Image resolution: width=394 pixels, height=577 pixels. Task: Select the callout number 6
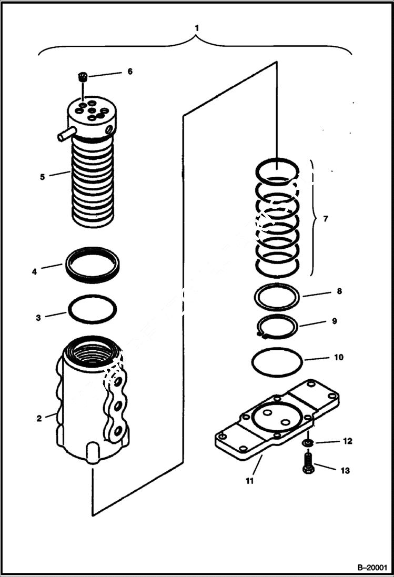tap(129, 71)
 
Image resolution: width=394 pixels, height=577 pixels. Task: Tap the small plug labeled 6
tap(82, 78)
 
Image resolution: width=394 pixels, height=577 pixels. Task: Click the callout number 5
tap(43, 177)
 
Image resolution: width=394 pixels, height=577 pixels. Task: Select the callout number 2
tap(39, 419)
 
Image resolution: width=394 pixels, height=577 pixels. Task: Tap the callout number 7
tap(326, 218)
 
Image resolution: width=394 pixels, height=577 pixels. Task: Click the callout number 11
tap(250, 481)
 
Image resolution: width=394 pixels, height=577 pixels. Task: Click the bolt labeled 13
tap(308, 465)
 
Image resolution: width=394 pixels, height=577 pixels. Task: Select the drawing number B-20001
tap(371, 568)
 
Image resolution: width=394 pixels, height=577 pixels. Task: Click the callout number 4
tap(34, 272)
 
